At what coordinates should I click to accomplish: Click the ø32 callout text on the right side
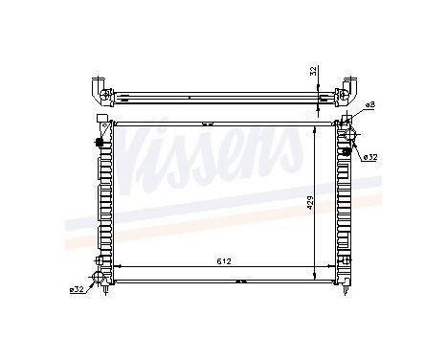369,156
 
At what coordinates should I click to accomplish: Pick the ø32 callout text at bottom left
77,288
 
